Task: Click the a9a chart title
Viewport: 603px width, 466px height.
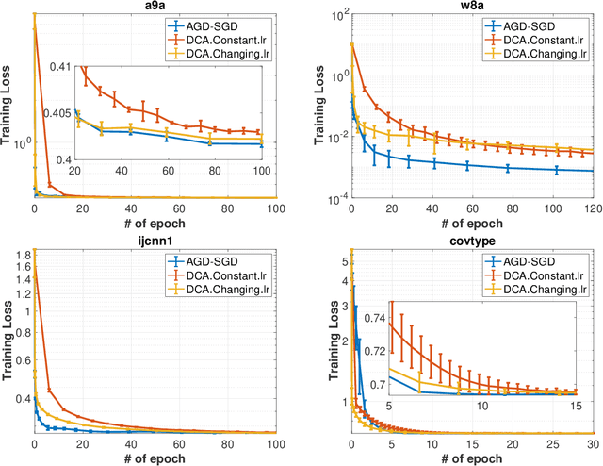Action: coord(155,7)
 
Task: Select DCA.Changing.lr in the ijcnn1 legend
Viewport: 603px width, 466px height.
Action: coord(230,288)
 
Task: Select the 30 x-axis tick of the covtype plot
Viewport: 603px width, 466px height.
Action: coord(590,443)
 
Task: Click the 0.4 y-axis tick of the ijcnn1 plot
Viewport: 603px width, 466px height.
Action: coord(22,400)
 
